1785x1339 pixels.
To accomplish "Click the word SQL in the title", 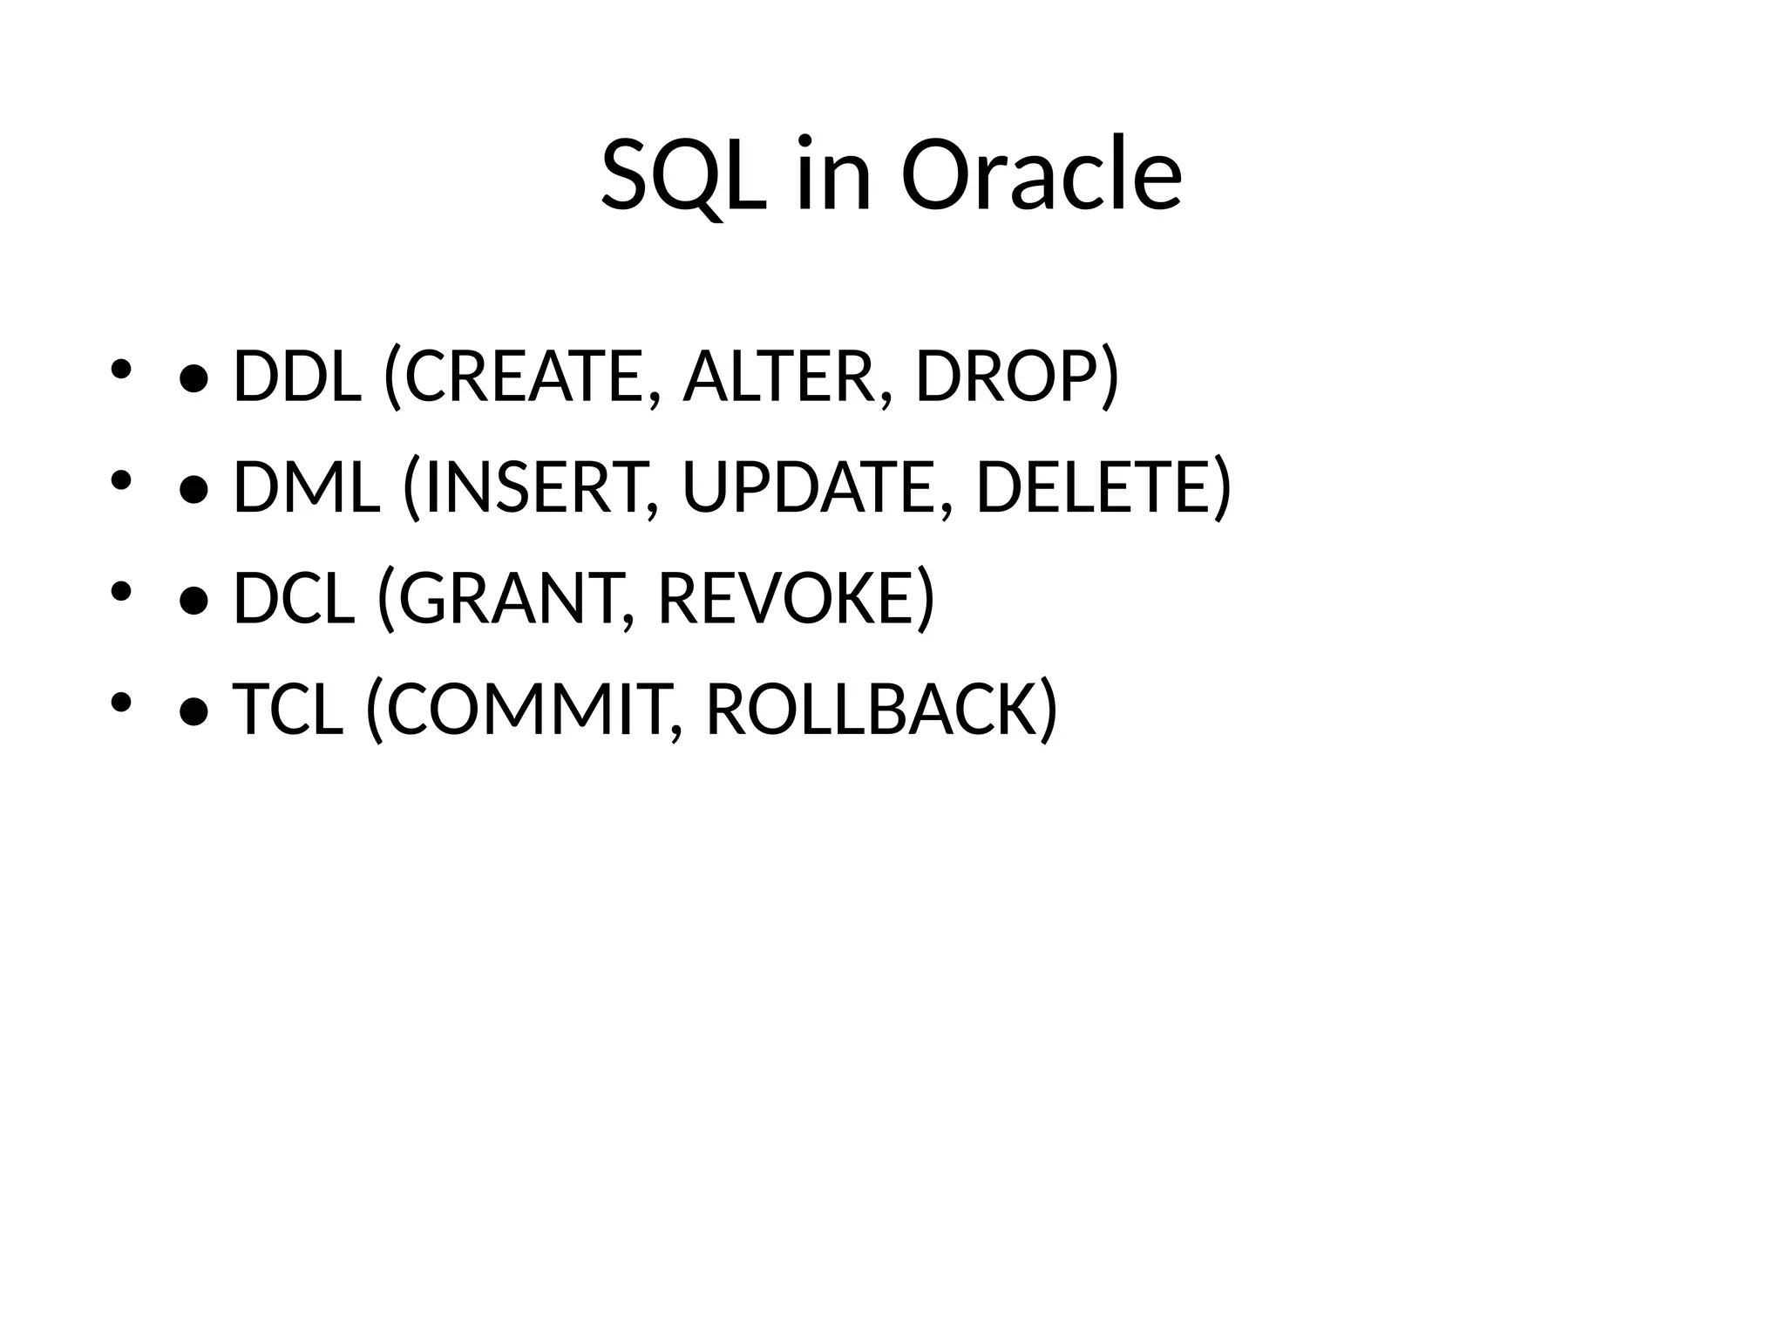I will (x=684, y=176).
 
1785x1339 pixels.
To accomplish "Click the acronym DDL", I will (x=297, y=377).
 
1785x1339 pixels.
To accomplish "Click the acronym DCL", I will (x=295, y=598).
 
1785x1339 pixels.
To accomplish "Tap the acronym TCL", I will (x=288, y=709).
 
